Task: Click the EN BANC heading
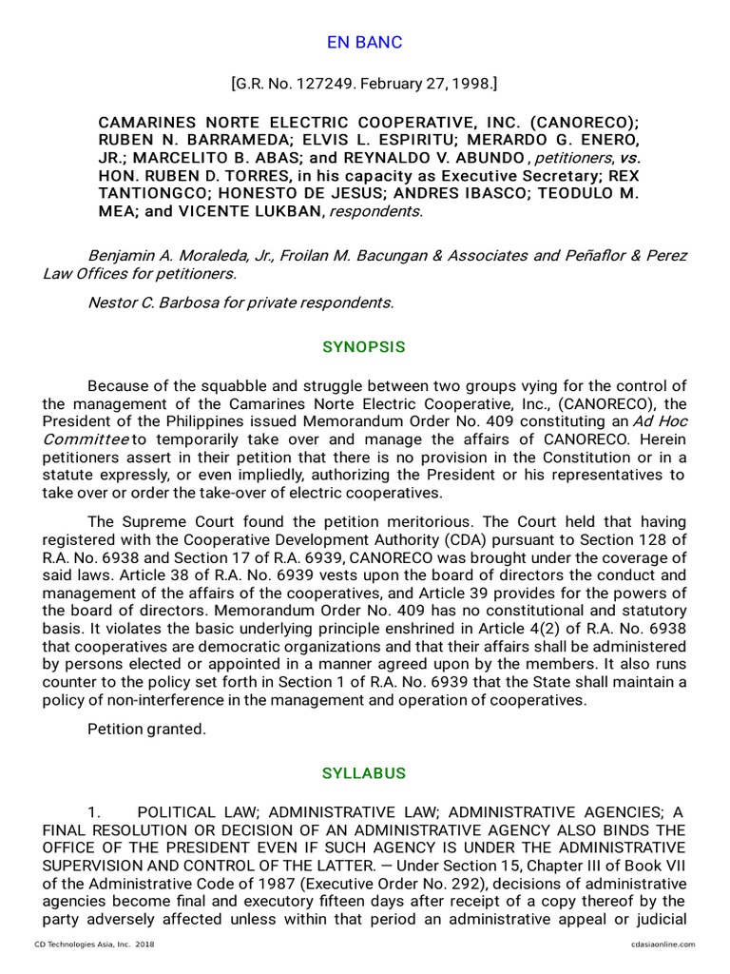click(364, 43)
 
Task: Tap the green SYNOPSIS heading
click(364, 347)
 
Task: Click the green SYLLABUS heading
click(364, 772)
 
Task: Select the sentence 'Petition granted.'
click(145, 730)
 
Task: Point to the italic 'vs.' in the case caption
click(620, 158)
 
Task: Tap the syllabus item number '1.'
click(94, 811)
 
